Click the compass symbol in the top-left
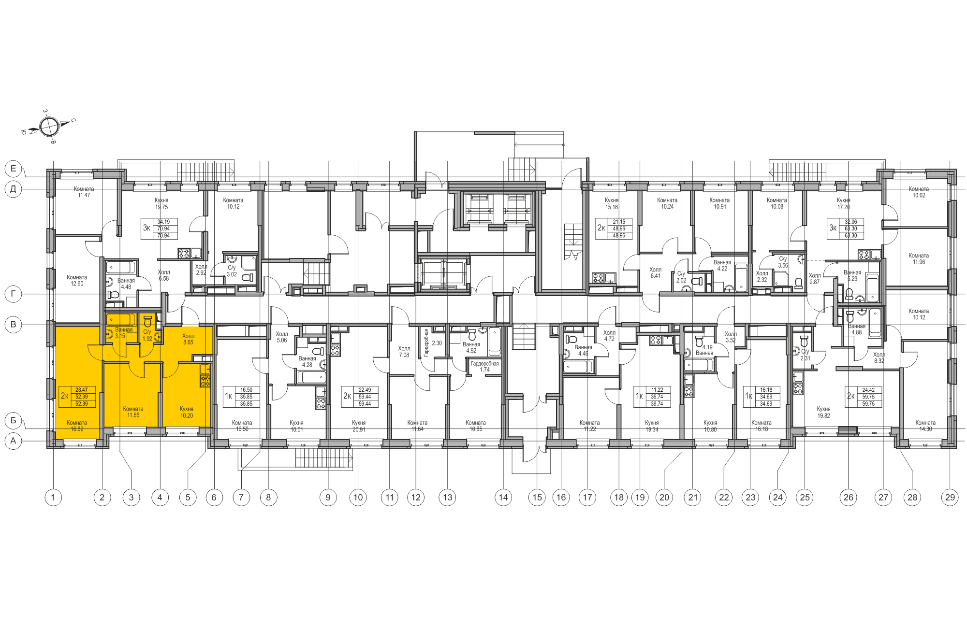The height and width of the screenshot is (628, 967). coord(49,127)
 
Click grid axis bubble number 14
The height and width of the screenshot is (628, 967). coord(503,497)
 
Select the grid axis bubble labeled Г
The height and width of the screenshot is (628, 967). coord(14,294)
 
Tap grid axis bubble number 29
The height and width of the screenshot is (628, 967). coord(950,497)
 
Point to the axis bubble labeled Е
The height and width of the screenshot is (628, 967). coord(14,169)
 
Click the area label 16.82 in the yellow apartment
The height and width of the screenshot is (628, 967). coord(77,429)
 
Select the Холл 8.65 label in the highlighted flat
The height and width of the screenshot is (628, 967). coord(188,339)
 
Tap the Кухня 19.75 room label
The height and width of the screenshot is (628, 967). coord(161,203)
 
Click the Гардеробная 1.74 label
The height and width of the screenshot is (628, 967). coord(484,367)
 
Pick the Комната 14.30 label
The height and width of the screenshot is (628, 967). coord(925,426)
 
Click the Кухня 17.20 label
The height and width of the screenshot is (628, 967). coord(843,203)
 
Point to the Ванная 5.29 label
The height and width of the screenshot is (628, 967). coord(852,275)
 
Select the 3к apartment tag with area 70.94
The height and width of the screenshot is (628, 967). coord(147,228)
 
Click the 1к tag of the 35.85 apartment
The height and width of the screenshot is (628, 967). coord(228,396)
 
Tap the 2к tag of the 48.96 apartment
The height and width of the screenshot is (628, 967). coord(601,228)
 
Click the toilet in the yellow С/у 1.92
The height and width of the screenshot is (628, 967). coord(148,321)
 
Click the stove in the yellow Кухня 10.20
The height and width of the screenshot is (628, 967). coord(205,381)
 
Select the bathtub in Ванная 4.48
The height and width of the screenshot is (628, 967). coord(121,267)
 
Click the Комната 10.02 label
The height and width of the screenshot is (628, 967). coord(919,192)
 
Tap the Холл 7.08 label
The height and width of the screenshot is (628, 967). coord(404,352)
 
